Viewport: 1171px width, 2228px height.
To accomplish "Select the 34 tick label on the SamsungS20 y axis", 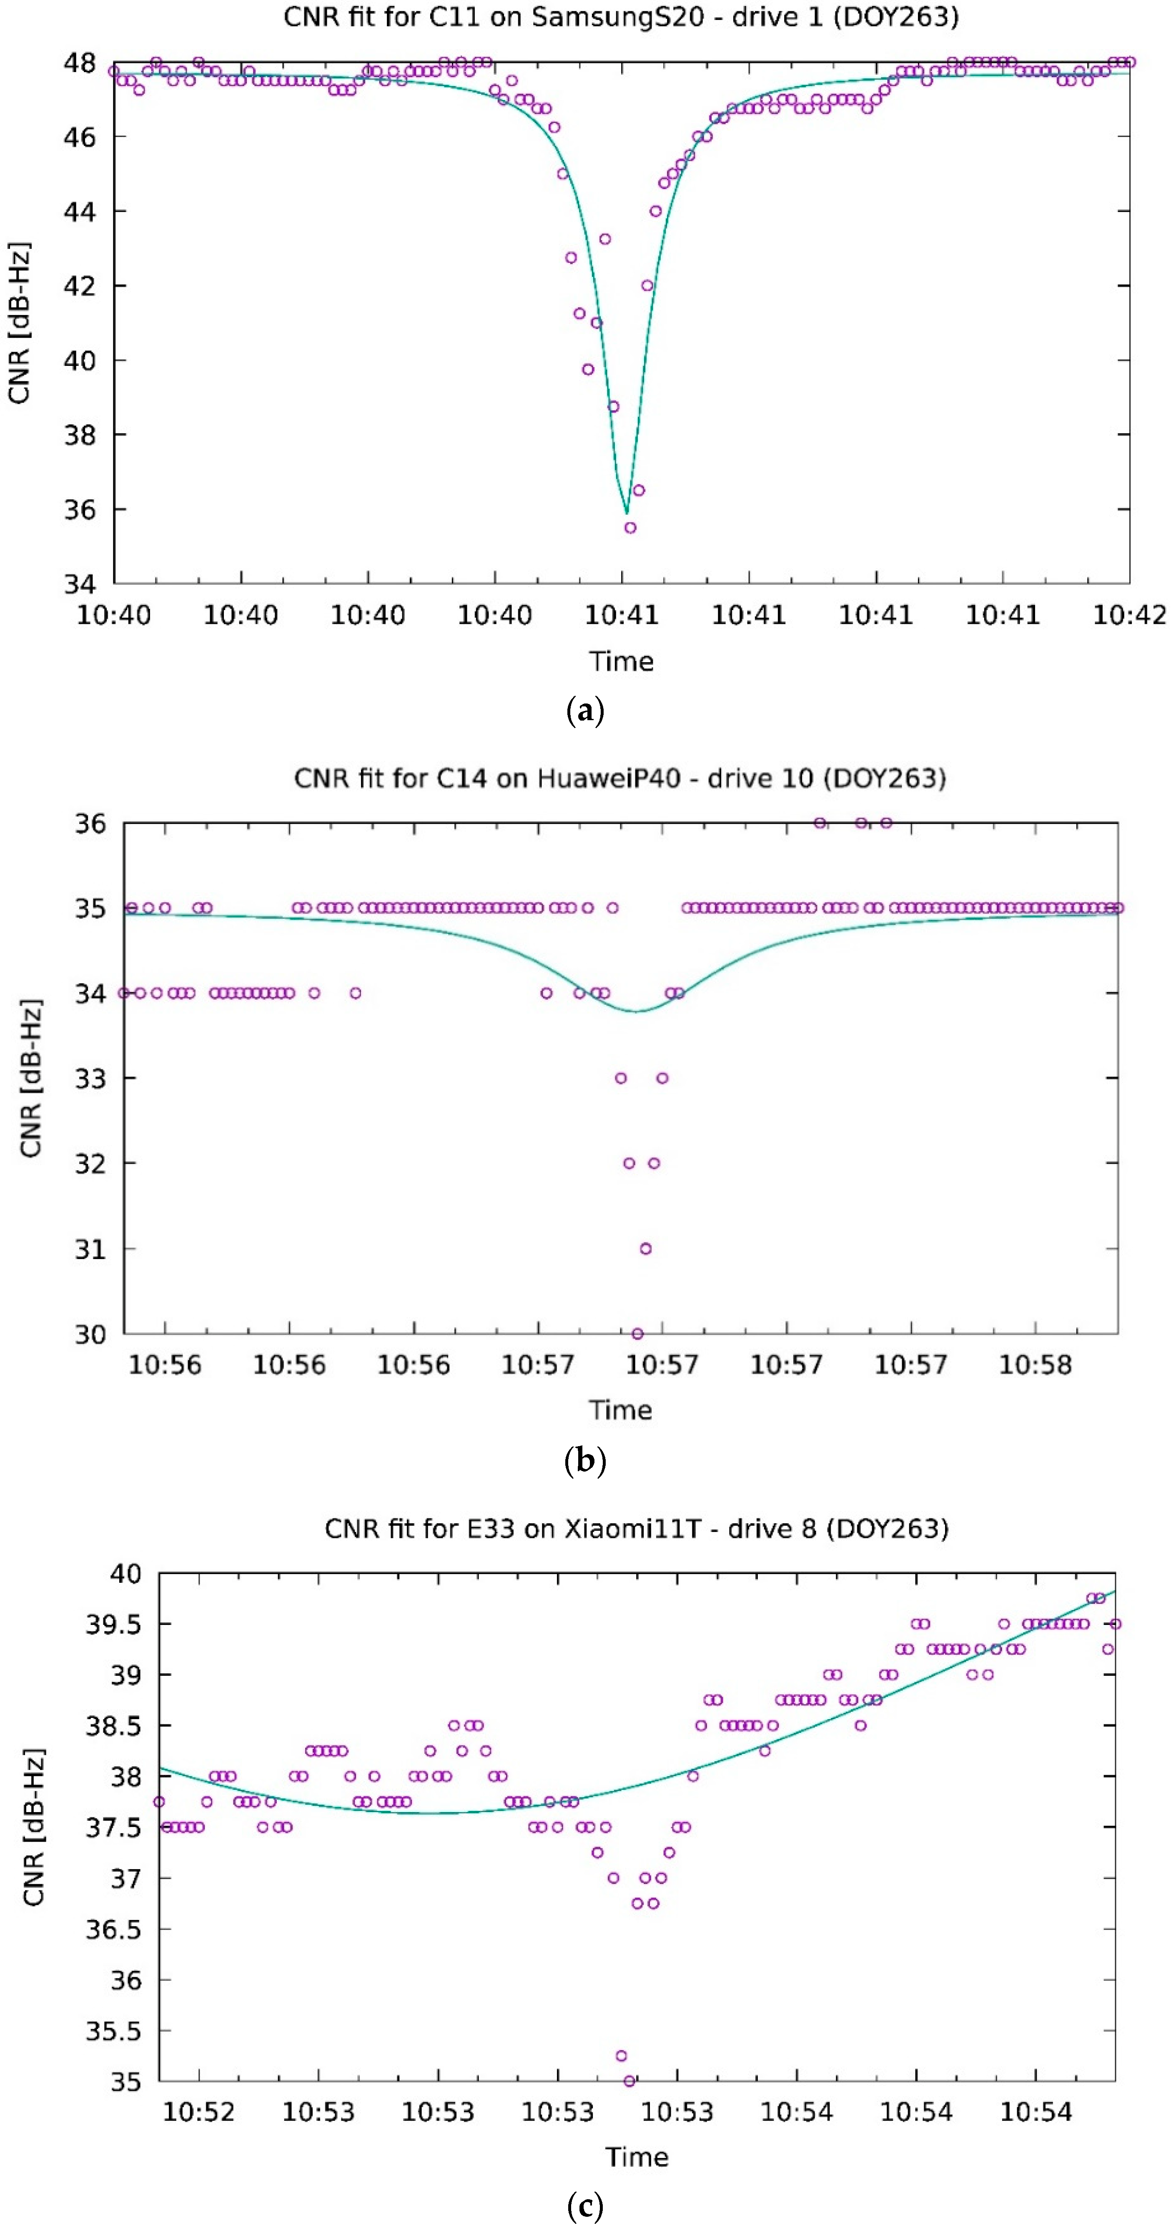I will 80,584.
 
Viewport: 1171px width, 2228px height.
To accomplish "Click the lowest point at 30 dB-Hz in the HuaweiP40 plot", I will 637,1334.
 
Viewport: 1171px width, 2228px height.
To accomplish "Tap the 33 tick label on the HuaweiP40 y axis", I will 90,1079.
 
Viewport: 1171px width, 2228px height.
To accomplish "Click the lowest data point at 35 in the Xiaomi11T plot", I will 629,2081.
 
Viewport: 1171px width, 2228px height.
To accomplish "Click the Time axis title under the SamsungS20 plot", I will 621,662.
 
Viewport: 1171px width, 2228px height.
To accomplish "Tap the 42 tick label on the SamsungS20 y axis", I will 80,285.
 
